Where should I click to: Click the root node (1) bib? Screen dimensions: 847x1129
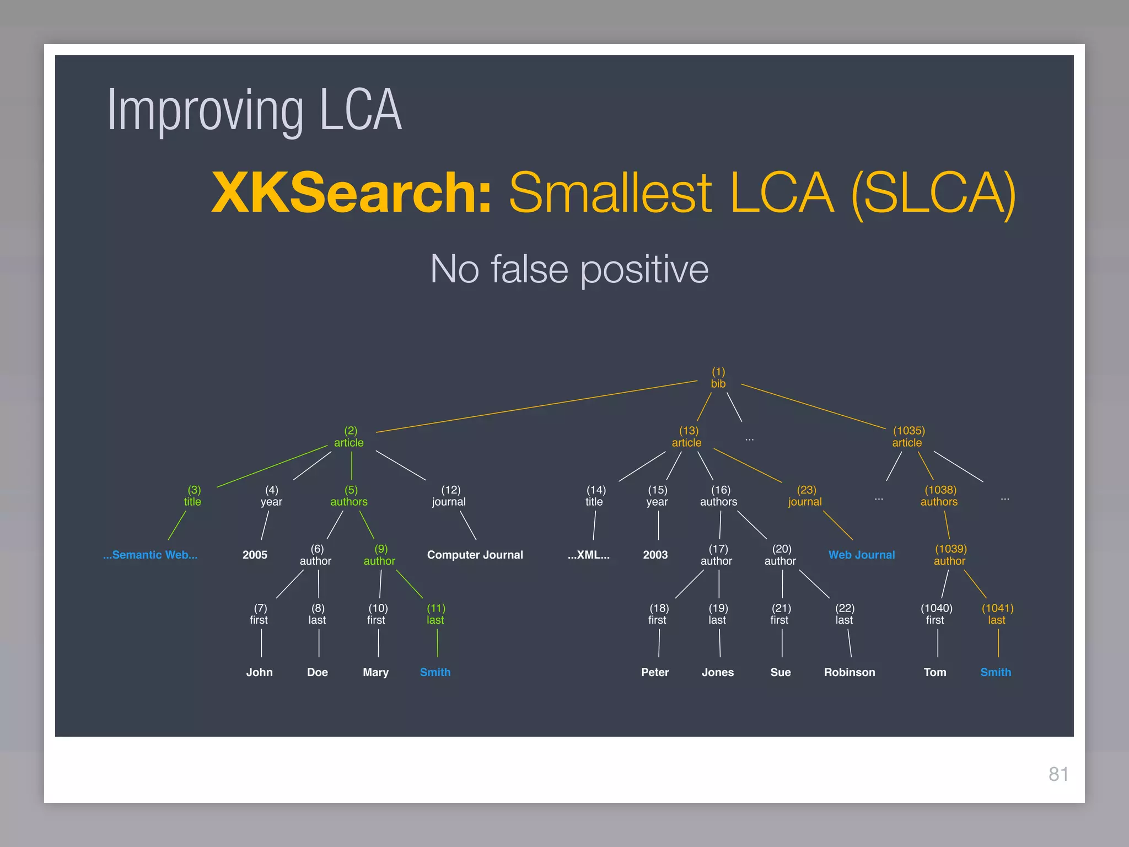[x=718, y=378]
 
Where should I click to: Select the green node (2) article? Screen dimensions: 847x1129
[x=350, y=437]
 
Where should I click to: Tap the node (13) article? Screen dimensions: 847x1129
[x=687, y=437]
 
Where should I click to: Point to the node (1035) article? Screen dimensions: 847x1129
[x=908, y=437]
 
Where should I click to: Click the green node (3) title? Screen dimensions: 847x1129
[x=193, y=496]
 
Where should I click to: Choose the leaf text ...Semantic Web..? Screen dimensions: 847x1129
[x=150, y=555]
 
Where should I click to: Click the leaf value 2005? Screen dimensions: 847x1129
[x=255, y=555]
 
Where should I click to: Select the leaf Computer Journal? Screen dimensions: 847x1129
[x=475, y=555]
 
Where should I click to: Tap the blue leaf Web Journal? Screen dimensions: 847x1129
[x=862, y=555]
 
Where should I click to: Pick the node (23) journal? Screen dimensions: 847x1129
[x=805, y=496]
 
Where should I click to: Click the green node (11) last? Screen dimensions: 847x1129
[x=436, y=614]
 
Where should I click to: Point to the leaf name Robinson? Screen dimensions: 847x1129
[x=850, y=672]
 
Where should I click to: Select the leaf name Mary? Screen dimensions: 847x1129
[x=375, y=672]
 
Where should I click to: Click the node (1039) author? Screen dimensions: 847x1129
[x=950, y=555]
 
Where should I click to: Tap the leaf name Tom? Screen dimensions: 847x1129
[x=935, y=672]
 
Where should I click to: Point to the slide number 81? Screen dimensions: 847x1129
[x=1058, y=774]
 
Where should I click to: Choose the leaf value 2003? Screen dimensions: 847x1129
[x=655, y=555]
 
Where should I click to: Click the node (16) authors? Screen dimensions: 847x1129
[x=719, y=496]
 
